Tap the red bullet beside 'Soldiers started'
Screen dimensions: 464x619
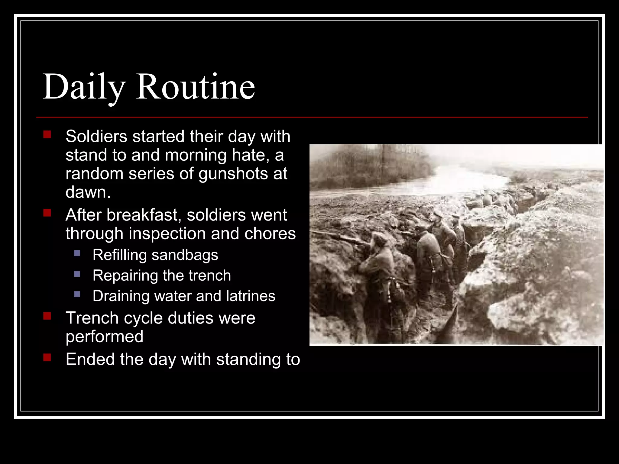coord(47,134)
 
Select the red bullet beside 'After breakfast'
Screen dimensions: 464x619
coord(47,213)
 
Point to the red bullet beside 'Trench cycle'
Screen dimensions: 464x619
coord(47,316)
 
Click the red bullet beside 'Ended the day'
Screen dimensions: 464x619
coord(47,358)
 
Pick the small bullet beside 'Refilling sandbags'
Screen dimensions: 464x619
coord(77,253)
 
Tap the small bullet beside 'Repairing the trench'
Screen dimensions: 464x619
coord(77,274)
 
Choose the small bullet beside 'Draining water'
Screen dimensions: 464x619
coord(77,294)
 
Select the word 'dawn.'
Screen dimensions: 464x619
coord(88,192)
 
